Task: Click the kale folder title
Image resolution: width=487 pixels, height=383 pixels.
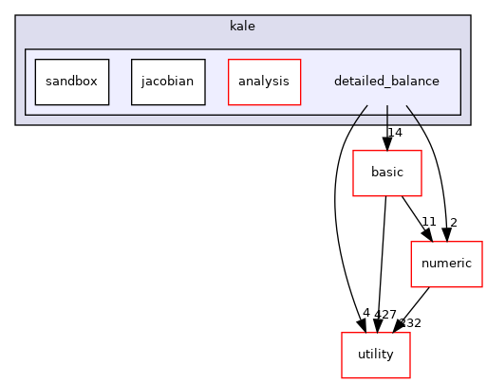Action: click(243, 25)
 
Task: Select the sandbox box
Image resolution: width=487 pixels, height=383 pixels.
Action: click(71, 82)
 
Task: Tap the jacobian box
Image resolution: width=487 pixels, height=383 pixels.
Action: click(168, 82)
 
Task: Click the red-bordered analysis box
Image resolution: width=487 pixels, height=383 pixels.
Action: click(264, 82)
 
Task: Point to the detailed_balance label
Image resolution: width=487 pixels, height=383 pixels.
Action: click(386, 82)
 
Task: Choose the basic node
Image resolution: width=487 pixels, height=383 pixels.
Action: click(386, 173)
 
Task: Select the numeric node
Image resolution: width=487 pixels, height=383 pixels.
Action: click(440, 263)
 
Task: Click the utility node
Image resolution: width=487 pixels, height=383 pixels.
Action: click(376, 355)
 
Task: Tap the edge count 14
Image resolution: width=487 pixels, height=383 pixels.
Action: click(395, 133)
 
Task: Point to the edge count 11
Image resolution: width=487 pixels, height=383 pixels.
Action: click(428, 222)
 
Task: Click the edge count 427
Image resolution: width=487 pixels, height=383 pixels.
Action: click(384, 314)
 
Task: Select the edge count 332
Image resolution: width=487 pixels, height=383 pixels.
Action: click(410, 323)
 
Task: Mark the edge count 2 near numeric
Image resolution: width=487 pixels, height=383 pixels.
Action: click(453, 223)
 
